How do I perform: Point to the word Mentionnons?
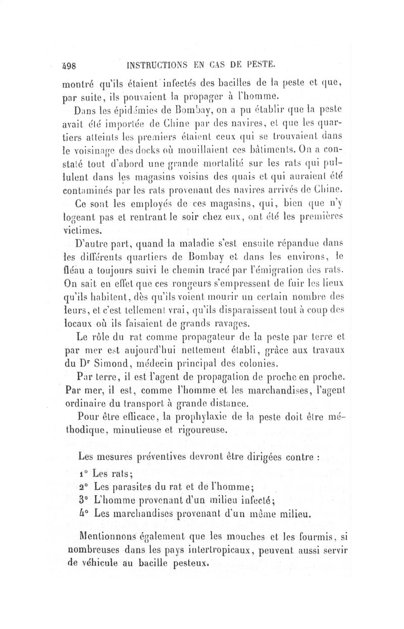pyautogui.click(x=109, y=537)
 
